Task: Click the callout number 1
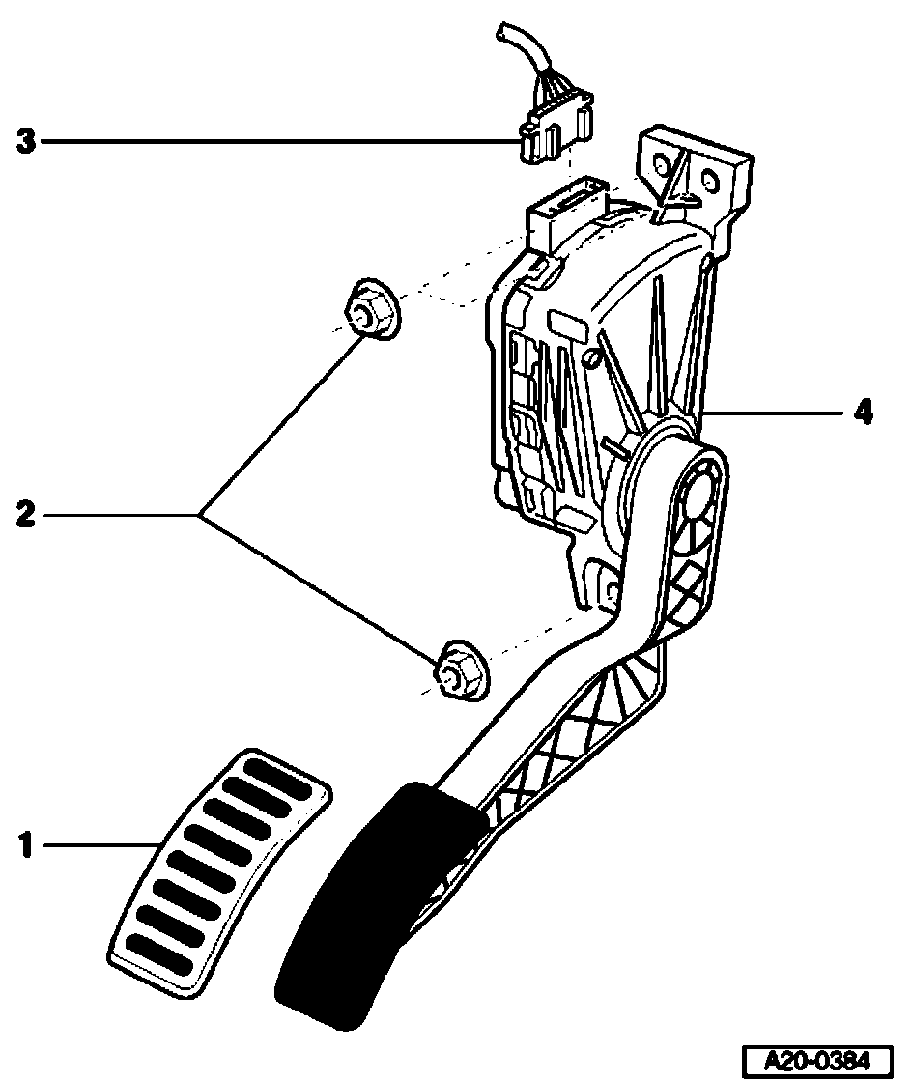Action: tap(25, 847)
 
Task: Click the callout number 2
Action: tap(25, 515)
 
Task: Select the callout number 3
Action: tap(25, 143)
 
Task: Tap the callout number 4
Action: tap(863, 413)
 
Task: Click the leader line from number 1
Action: tap(97, 847)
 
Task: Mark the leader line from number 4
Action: tap(773, 413)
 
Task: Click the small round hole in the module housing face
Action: tap(591, 360)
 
